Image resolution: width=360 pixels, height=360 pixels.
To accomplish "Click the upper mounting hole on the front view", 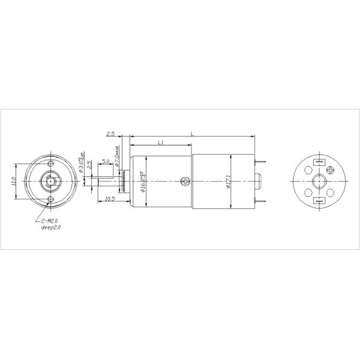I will click(50, 163).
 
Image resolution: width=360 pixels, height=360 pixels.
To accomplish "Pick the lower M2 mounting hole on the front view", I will click(50, 198).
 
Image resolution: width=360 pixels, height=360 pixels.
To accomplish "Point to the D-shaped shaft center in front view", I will click(50, 181).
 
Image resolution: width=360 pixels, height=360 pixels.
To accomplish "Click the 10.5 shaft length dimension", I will click(109, 199).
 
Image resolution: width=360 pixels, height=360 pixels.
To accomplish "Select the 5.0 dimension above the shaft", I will click(105, 161).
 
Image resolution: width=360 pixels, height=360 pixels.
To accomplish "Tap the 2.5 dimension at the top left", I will click(110, 134).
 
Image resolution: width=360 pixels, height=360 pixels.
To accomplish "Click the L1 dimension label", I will click(160, 142).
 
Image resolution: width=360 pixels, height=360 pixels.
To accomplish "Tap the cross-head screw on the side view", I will click(186, 181).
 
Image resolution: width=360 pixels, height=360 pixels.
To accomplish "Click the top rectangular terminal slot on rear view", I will click(319, 161).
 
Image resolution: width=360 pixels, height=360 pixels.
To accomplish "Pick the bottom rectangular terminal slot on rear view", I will click(319, 200).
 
